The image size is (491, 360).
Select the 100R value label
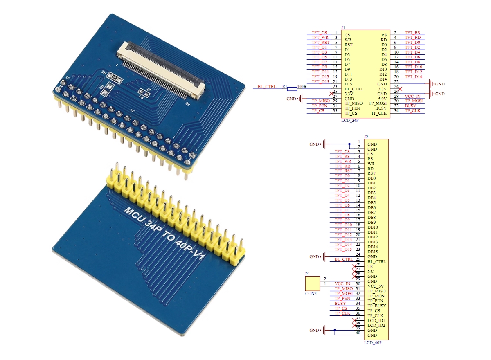coord(302,87)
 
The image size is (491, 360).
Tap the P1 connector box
coord(313,283)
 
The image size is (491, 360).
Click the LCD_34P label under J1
coord(350,121)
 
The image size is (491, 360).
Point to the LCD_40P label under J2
coord(373,342)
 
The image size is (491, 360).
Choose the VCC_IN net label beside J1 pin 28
coord(412,96)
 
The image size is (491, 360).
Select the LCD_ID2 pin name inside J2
coord(376,325)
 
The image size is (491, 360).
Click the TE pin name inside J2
coord(370,266)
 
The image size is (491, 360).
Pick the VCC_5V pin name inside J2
coord(375,286)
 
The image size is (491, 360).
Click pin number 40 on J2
coord(358,333)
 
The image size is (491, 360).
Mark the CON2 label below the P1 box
coord(311,293)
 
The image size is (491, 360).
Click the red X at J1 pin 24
coord(400,88)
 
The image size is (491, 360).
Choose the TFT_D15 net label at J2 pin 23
coord(343,250)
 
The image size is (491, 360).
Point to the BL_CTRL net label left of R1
coord(267,87)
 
